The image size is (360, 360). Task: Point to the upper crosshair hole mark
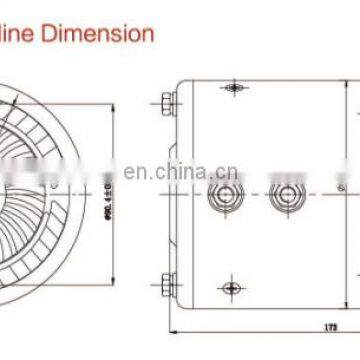[233, 89]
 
